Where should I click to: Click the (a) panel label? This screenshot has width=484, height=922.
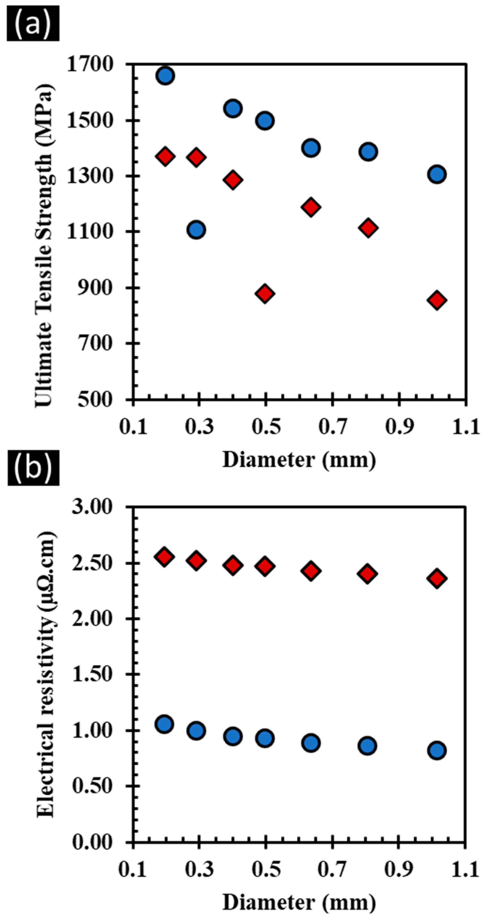click(x=33, y=23)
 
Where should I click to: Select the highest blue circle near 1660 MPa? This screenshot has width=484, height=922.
click(x=165, y=76)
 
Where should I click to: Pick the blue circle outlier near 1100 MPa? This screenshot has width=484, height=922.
click(x=196, y=229)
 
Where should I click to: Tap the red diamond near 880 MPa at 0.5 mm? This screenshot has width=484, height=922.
click(x=265, y=293)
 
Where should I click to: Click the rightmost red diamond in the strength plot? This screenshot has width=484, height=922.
click(x=437, y=300)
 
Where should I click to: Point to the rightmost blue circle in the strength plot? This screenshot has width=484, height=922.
click(x=437, y=174)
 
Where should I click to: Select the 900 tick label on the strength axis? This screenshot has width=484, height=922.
click(x=95, y=287)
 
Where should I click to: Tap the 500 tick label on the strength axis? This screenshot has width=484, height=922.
click(x=95, y=399)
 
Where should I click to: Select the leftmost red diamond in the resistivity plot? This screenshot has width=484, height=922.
click(x=164, y=557)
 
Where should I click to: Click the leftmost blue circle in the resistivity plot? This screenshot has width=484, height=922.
click(x=164, y=724)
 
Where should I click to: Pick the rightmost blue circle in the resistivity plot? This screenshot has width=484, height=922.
click(x=437, y=750)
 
